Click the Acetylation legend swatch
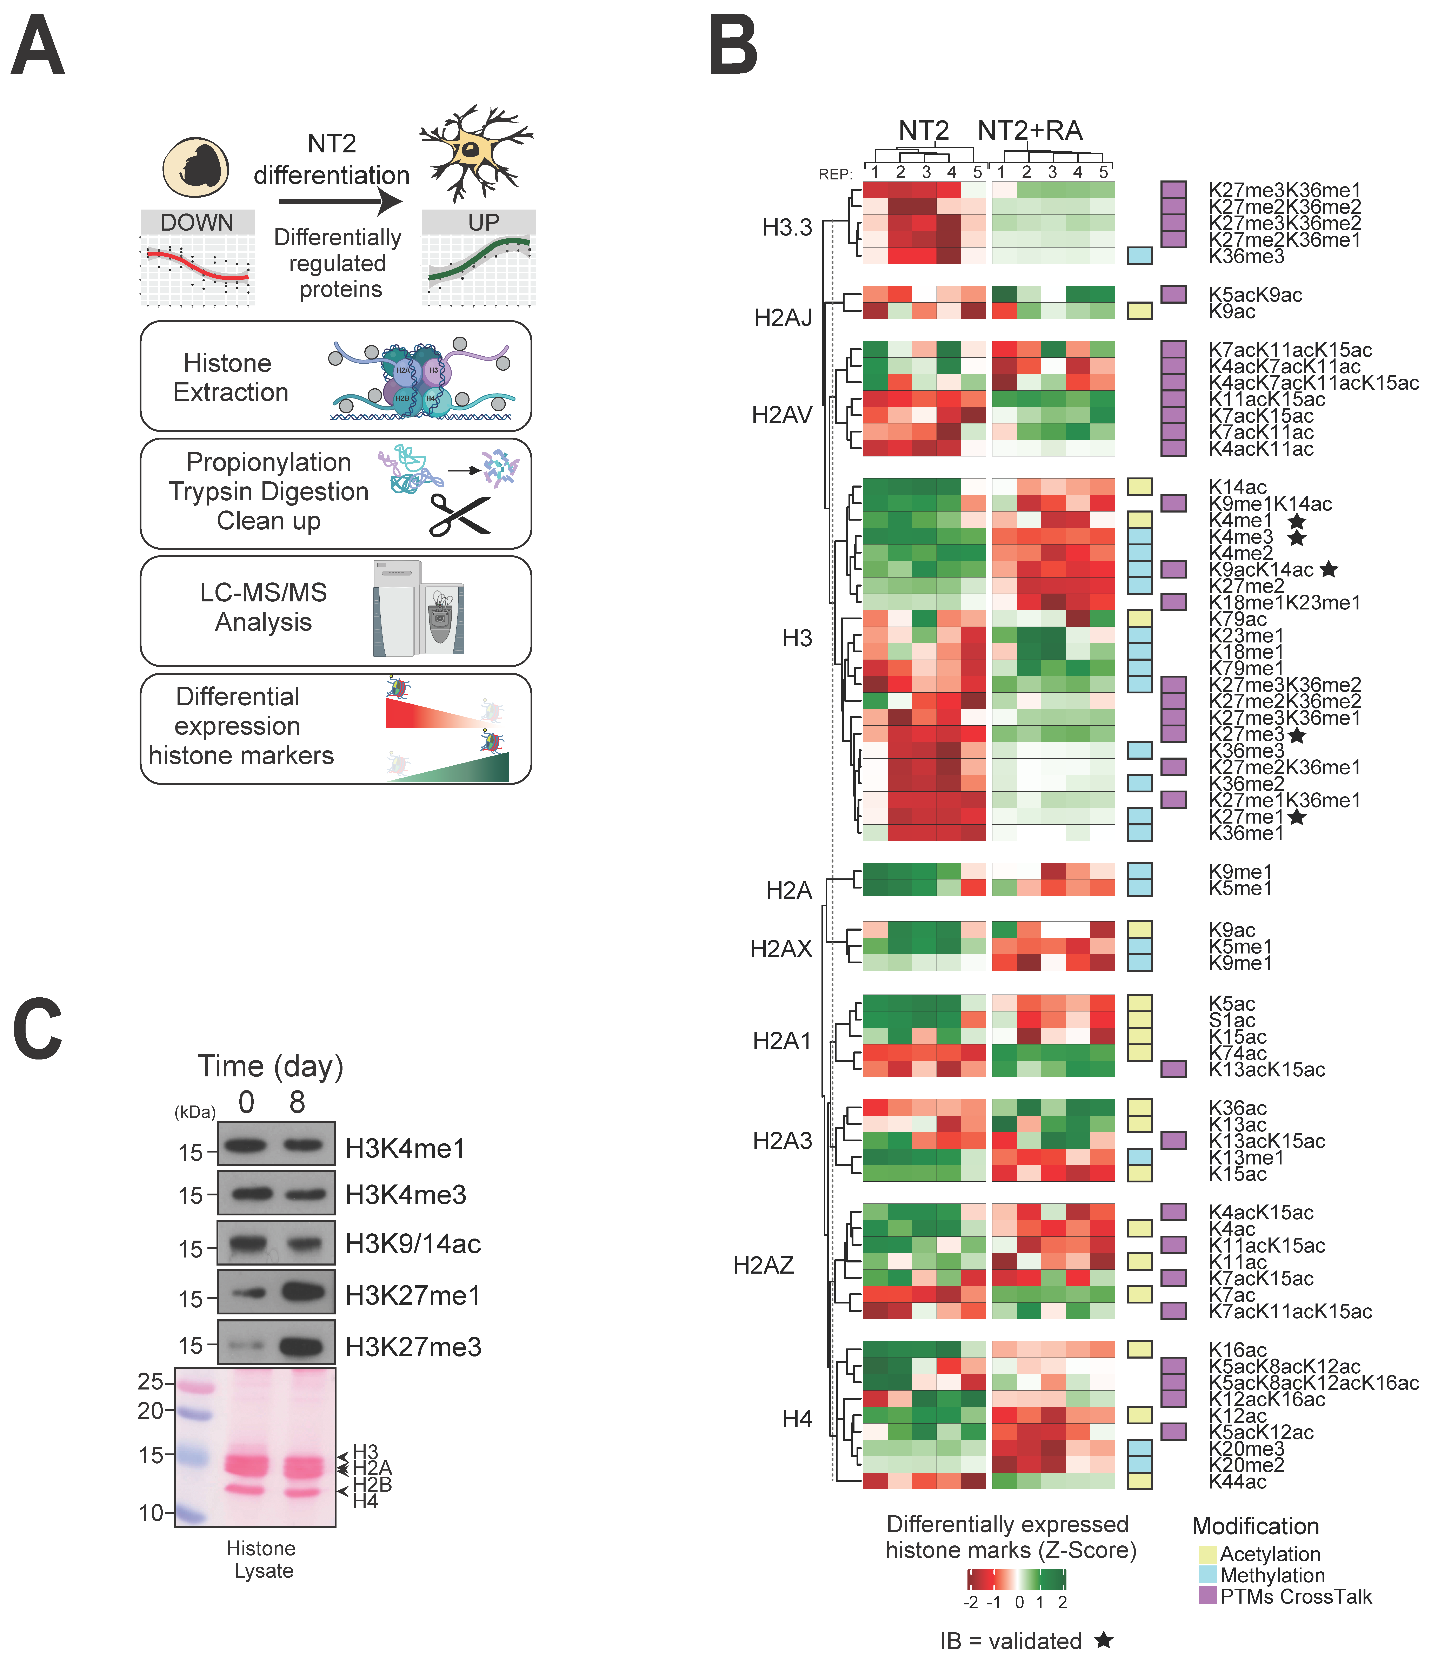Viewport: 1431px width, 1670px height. [x=1207, y=1554]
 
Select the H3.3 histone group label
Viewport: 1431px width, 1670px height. [x=787, y=228]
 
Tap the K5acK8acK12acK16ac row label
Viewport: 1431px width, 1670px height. [x=1313, y=1383]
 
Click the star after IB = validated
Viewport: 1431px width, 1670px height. [x=1104, y=1640]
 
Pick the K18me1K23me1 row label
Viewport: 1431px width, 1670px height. [x=1284, y=603]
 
